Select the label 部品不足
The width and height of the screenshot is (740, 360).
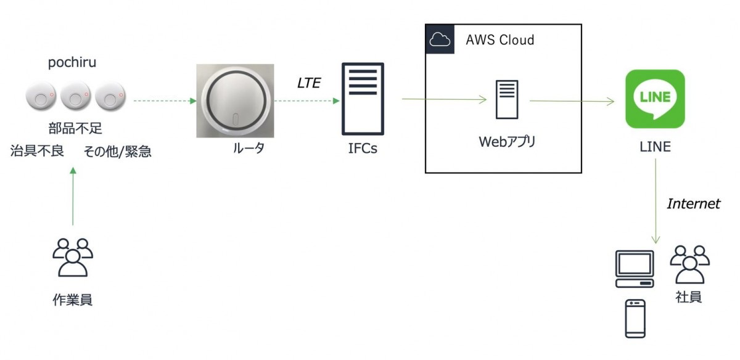(75, 129)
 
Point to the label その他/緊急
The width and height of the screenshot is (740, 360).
(117, 152)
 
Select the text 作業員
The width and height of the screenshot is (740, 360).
(73, 300)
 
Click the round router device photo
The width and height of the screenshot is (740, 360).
(234, 100)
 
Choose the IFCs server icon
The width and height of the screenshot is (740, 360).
(363, 99)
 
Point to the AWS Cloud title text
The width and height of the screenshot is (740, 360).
(499, 41)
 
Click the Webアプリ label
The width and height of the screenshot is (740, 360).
(508, 142)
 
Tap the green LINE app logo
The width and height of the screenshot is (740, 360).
(655, 99)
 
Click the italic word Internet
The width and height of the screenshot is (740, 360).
(693, 204)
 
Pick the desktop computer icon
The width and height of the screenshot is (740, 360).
(635, 269)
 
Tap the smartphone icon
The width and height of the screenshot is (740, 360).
(635, 319)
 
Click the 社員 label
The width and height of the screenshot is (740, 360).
(688, 297)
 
